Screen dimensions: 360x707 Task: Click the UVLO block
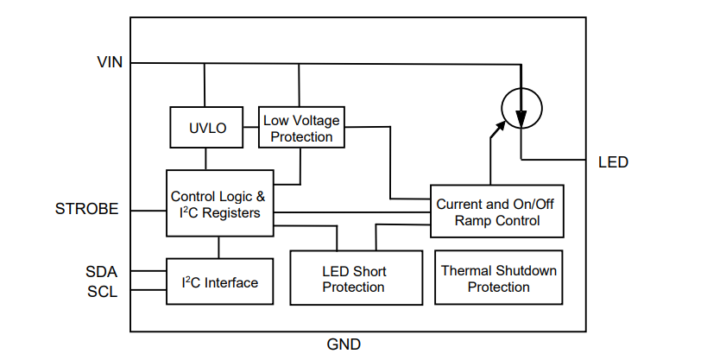pyautogui.click(x=207, y=128)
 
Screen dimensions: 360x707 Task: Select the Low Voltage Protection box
pyautogui.click(x=300, y=128)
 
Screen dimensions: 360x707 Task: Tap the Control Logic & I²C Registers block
pyautogui.click(x=220, y=204)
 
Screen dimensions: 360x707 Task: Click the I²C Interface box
pyautogui.click(x=219, y=282)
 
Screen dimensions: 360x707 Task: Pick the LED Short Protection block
pyautogui.click(x=356, y=278)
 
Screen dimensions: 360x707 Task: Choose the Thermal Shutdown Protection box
pyautogui.click(x=498, y=278)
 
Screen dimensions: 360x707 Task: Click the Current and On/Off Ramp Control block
pyautogui.click(x=497, y=212)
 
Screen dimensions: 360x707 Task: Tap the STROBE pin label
pyautogui.click(x=87, y=209)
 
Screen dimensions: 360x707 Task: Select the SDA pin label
pyautogui.click(x=101, y=271)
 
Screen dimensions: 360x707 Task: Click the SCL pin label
pyautogui.click(x=101, y=291)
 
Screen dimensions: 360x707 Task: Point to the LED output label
pyautogui.click(x=613, y=161)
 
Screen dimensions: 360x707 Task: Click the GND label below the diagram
pyautogui.click(x=344, y=344)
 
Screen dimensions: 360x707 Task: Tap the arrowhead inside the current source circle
pyautogui.click(x=521, y=119)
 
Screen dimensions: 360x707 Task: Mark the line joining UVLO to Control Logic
pyautogui.click(x=205, y=159)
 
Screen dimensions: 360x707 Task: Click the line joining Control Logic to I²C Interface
pyautogui.click(x=220, y=248)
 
